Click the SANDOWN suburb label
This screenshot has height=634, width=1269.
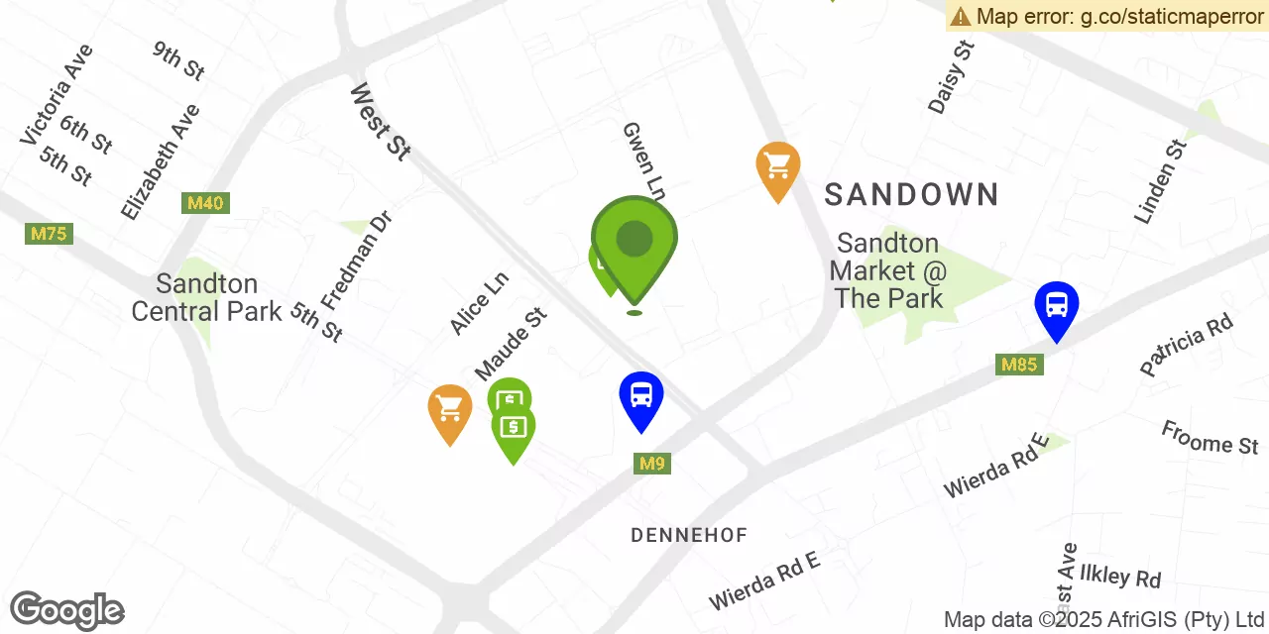pos(911,194)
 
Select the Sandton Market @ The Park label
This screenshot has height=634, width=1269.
pos(887,270)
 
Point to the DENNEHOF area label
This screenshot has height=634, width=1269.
pos(689,536)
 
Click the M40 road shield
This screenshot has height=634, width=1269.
pos(205,203)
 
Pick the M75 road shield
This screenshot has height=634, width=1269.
pos(49,234)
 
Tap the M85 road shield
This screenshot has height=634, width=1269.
pos(1018,365)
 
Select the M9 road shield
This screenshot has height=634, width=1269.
pos(652,463)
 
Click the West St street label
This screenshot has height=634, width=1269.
pos(380,122)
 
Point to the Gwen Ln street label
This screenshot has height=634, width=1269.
pos(643,158)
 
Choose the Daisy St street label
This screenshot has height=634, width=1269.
pos(952,77)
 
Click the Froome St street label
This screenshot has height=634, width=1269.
pos(1210,437)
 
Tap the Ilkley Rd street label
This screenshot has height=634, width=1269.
pos(1119,574)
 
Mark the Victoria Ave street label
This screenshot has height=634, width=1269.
pos(57,95)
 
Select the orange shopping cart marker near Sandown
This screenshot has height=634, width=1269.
pos(778,165)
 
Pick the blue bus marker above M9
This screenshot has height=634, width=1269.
pos(641,395)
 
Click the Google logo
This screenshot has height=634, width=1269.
pos(66,610)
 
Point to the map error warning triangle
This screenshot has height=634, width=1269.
pos(961,16)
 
